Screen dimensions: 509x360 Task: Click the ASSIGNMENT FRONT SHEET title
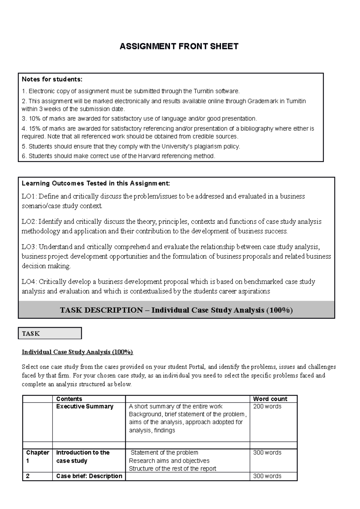179,46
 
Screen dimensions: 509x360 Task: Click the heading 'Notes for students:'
52,79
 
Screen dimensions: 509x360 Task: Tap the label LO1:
29,196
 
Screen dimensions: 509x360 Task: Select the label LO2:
29,222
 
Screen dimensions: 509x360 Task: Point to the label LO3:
29,247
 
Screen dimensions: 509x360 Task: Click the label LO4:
29,281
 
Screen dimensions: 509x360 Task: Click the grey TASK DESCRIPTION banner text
176,310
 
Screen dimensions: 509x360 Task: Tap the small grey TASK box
50,333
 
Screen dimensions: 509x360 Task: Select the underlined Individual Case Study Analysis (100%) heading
77,352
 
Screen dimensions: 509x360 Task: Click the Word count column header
270,399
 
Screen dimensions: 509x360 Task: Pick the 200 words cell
267,406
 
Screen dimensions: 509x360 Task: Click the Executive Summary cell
85,406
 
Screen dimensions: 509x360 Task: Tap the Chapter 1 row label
37,457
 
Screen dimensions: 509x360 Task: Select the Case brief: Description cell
89,476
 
